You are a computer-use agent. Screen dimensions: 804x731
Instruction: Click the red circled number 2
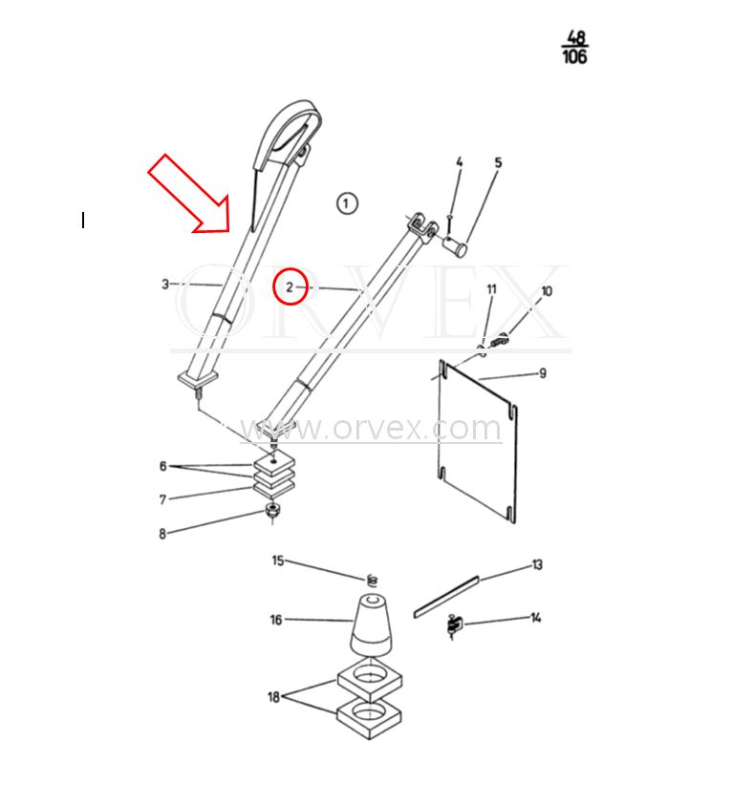click(x=290, y=286)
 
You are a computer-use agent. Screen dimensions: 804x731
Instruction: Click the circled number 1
click(x=347, y=202)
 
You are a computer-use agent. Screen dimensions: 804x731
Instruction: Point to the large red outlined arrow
click(x=189, y=194)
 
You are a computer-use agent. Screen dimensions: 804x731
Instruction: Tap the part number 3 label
click(x=165, y=284)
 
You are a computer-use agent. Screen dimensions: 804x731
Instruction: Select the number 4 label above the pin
click(x=459, y=163)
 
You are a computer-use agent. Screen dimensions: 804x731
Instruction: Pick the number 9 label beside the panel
click(x=543, y=372)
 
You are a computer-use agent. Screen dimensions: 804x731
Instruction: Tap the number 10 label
click(x=547, y=291)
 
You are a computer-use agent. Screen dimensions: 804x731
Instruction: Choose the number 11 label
click(x=492, y=289)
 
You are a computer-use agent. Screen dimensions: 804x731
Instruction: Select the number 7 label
click(x=162, y=499)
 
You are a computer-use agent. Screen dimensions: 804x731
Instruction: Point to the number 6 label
click(x=162, y=466)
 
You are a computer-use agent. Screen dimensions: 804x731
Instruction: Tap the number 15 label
click(x=278, y=561)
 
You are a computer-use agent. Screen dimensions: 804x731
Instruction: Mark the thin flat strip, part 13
click(x=445, y=594)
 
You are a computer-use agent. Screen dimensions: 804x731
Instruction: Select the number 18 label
click(x=274, y=697)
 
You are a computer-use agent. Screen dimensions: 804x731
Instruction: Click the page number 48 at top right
click(x=575, y=37)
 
